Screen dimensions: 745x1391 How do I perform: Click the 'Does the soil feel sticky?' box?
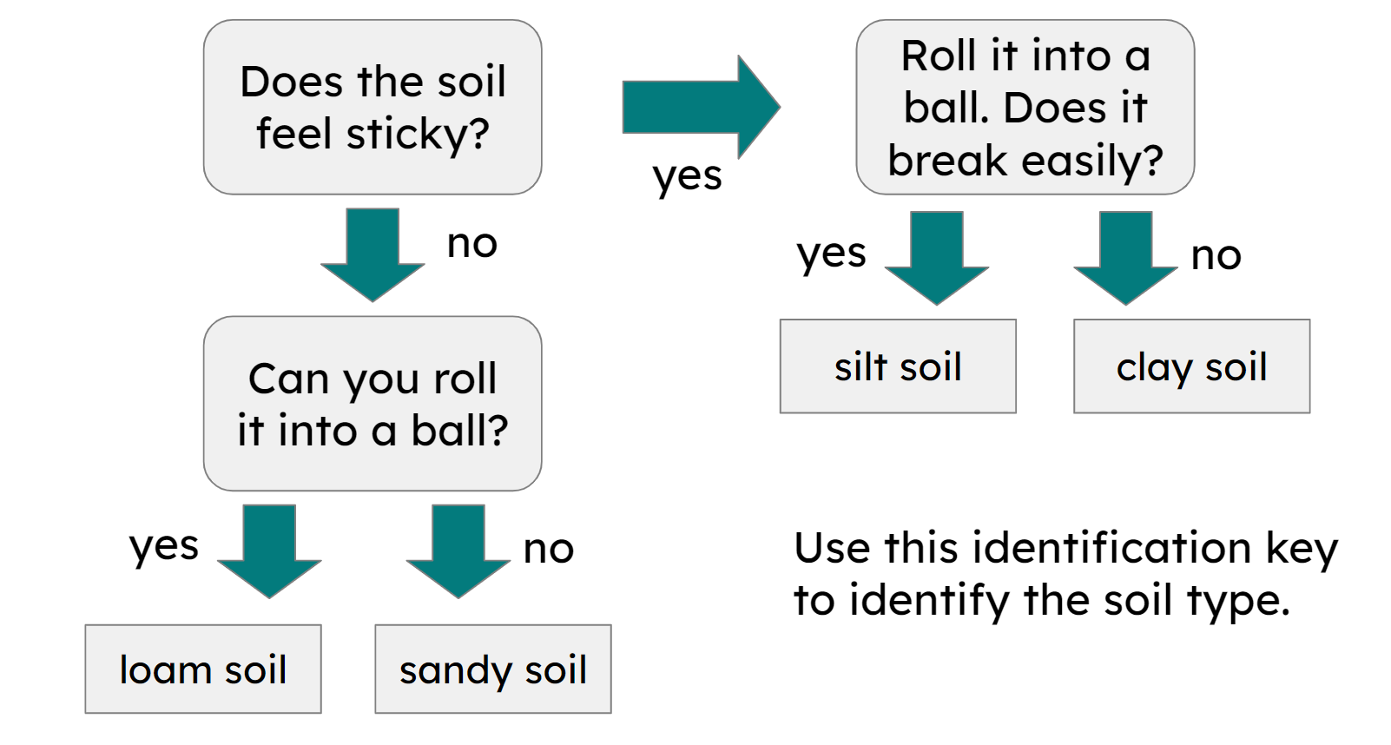tap(372, 107)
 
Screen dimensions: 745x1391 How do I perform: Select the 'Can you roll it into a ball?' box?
tap(372, 404)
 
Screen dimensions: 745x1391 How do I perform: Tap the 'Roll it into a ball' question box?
tap(1025, 107)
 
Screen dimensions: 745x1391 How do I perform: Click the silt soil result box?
tap(898, 366)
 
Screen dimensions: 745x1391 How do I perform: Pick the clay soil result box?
tap(1191, 366)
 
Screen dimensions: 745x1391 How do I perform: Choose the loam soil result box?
tap(203, 669)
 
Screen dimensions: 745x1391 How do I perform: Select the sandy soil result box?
tap(492, 669)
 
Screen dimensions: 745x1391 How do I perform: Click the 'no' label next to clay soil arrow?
tap(1216, 256)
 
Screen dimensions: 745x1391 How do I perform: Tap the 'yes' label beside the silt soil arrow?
tap(832, 254)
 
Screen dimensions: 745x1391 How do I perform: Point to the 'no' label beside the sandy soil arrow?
tap(548, 549)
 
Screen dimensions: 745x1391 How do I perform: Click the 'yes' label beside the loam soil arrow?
tap(164, 547)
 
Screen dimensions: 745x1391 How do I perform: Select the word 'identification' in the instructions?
tap(1111, 548)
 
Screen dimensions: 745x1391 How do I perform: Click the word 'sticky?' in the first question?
tap(418, 135)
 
